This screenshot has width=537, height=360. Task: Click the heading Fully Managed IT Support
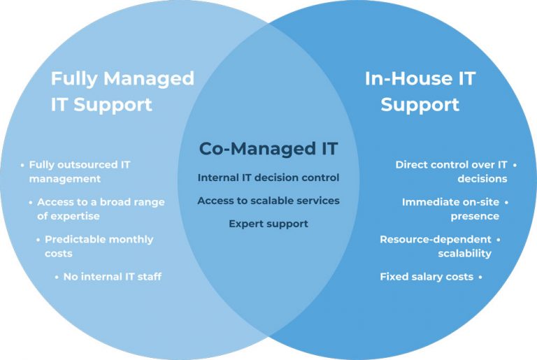click(x=122, y=91)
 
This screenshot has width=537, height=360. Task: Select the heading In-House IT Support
click(x=420, y=91)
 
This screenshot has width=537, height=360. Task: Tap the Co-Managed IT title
click(x=268, y=148)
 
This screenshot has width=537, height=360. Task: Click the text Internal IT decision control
click(x=268, y=178)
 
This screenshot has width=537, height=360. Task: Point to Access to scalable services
click(x=268, y=201)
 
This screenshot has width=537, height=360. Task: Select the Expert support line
click(x=268, y=224)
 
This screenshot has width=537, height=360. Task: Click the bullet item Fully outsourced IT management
click(x=79, y=171)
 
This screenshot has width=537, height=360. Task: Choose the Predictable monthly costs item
click(x=99, y=246)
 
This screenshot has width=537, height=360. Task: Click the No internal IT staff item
click(x=112, y=277)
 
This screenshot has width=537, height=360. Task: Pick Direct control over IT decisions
click(x=451, y=171)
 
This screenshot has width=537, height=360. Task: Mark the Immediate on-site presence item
click(x=450, y=209)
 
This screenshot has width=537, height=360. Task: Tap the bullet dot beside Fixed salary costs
click(x=480, y=277)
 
